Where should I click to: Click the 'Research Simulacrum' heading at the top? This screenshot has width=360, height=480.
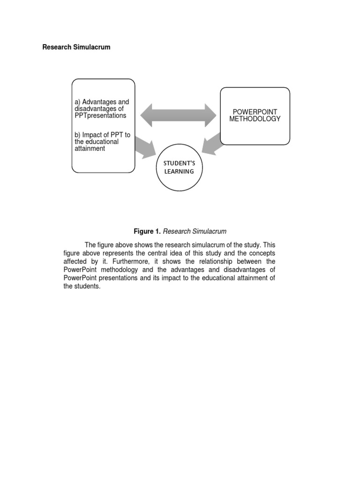coord(76,47)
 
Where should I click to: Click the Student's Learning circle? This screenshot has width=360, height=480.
coord(179,168)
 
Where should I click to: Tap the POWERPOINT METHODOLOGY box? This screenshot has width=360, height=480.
coord(255,116)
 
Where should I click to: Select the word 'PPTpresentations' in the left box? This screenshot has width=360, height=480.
coord(100,115)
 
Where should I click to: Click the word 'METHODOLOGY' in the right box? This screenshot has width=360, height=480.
coord(255,119)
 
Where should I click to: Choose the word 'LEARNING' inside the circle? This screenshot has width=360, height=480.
coord(179,172)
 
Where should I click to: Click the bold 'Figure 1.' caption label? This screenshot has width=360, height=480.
coord(147,232)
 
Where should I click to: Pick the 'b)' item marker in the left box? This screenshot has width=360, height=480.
coord(78,135)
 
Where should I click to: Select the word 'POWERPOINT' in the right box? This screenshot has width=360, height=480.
coord(255,112)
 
